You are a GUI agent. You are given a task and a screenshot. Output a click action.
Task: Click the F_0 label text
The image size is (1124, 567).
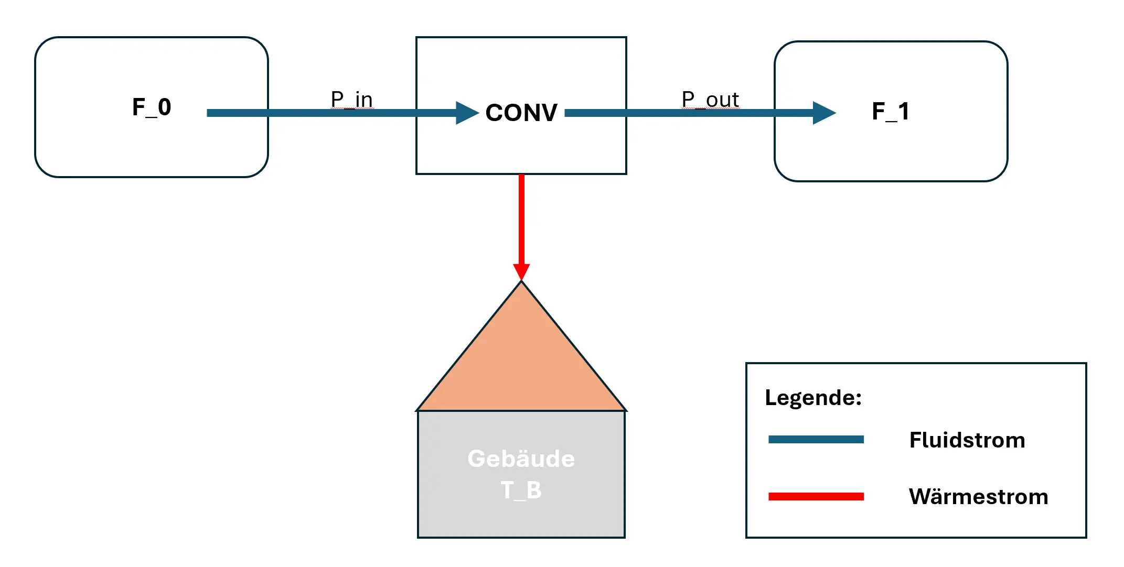pyautogui.click(x=152, y=107)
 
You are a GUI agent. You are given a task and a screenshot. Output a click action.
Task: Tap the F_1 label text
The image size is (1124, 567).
pyautogui.click(x=891, y=112)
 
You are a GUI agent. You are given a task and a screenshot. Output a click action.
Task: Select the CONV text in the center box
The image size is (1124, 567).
pyautogui.click(x=521, y=113)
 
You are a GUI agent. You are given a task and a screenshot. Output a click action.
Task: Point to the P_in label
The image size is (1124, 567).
pyautogui.click(x=352, y=99)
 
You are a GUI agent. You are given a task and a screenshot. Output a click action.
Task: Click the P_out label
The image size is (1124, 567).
pyautogui.click(x=710, y=99)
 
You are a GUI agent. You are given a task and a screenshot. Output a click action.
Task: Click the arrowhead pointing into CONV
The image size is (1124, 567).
pyautogui.click(x=467, y=113)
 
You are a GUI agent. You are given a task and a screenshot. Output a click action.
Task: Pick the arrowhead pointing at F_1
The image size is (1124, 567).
pyautogui.click(x=823, y=113)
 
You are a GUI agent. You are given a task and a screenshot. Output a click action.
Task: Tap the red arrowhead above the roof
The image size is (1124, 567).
pyautogui.click(x=521, y=271)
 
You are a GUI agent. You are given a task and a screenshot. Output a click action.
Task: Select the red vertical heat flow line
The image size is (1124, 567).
pyautogui.click(x=521, y=220)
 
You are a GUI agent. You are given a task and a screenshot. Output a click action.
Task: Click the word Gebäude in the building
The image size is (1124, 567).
pyautogui.click(x=521, y=459)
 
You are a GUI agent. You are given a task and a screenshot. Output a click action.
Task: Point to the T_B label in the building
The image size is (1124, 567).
pyautogui.click(x=521, y=490)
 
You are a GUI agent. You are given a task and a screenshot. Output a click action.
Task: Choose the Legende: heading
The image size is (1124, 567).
pyautogui.click(x=813, y=398)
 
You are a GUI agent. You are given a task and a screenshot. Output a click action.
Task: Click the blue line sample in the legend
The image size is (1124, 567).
pyautogui.click(x=816, y=440)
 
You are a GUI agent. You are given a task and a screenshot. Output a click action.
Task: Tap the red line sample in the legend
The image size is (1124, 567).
pyautogui.click(x=816, y=496)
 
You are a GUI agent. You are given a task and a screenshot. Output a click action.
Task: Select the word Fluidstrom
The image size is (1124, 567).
pyautogui.click(x=967, y=440)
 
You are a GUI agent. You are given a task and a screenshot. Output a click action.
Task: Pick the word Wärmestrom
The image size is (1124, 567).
pyautogui.click(x=978, y=497)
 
